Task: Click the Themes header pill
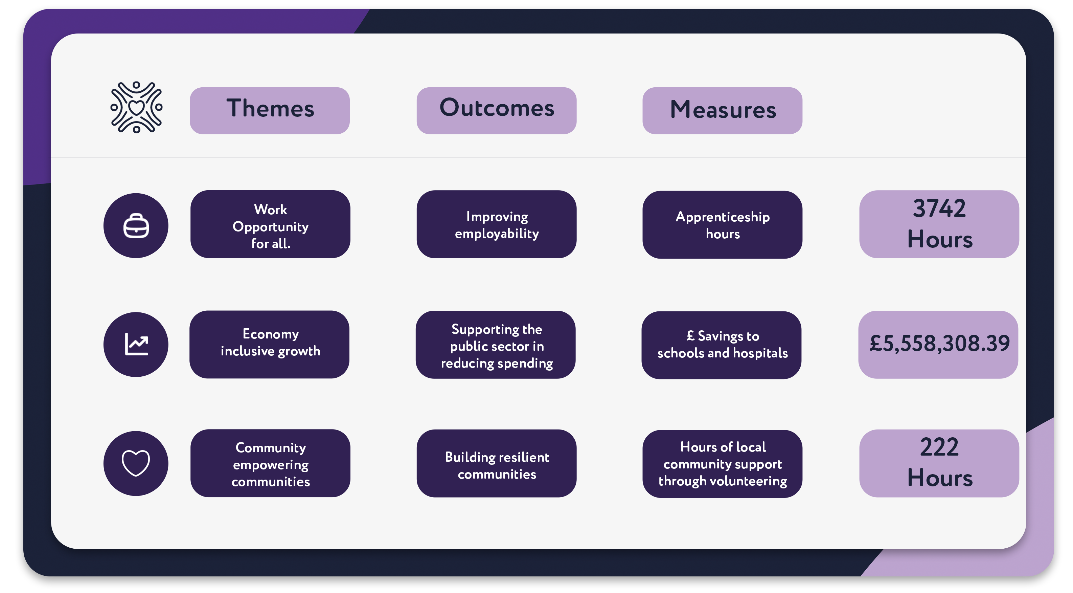[270, 110]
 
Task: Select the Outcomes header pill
[497, 110]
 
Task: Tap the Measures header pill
[722, 110]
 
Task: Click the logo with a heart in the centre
[136, 108]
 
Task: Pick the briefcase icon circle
[136, 225]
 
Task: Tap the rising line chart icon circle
[136, 344]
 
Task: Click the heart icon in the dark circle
[136, 463]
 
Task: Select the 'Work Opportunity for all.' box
[270, 224]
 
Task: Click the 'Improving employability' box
[497, 224]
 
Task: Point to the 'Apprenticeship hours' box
[722, 225]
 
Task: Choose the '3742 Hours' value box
[939, 224]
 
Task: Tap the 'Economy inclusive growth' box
[270, 344]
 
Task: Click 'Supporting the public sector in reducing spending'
[496, 345]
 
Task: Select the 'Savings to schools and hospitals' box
[722, 345]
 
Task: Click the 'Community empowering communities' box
[270, 463]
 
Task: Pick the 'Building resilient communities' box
[497, 463]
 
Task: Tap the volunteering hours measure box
[722, 464]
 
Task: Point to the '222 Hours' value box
[939, 463]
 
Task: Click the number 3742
[939, 208]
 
